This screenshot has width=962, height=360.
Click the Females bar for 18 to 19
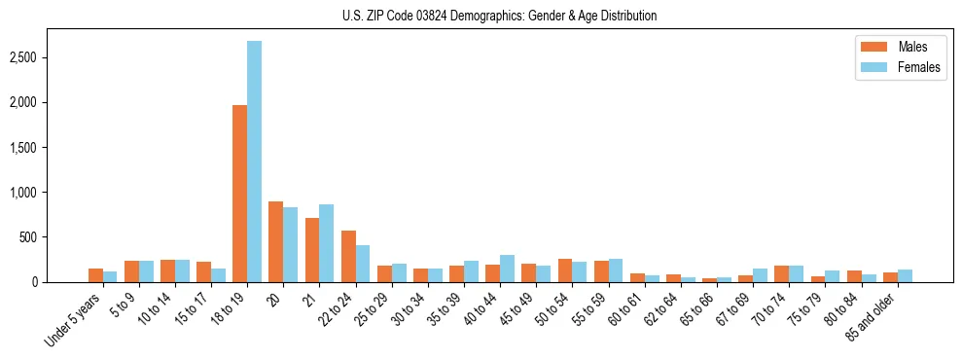(254, 162)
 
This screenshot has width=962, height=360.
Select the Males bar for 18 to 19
(239, 194)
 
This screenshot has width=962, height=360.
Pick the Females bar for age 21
(326, 243)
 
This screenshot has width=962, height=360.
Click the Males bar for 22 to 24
(348, 256)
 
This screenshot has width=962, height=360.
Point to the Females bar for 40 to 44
(507, 269)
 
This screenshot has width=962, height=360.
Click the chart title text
(499, 16)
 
